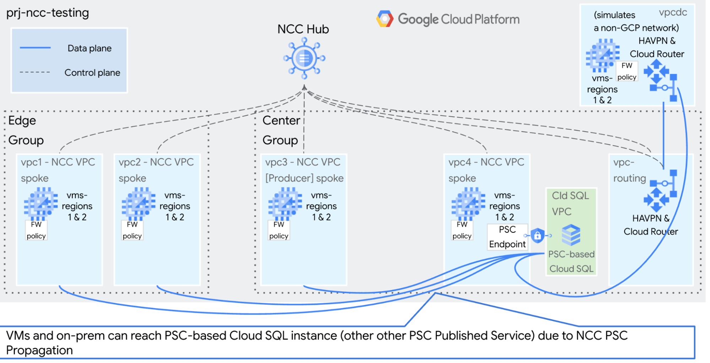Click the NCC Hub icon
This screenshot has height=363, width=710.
click(304, 58)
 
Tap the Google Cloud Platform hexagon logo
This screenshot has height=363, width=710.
click(385, 19)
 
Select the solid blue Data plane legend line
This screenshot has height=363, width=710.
click(35, 48)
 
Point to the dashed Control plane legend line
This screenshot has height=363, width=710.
click(35, 72)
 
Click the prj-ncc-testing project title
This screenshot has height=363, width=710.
click(48, 13)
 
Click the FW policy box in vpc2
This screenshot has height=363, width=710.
click(132, 230)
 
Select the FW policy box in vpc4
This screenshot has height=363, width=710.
click(462, 230)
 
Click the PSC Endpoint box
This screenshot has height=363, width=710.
click(507, 237)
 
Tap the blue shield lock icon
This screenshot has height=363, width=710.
click(537, 235)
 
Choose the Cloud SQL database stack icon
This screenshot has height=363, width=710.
click(571, 235)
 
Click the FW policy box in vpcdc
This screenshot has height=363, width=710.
click(627, 72)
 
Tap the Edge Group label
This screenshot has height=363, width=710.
click(26, 130)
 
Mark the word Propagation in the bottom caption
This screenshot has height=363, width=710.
click(39, 351)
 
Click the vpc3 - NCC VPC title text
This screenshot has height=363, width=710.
click(303, 162)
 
